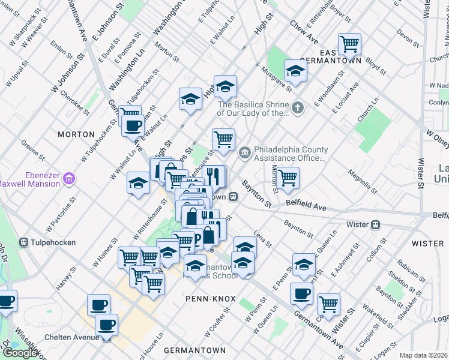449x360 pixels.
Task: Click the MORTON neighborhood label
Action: pos(76,134)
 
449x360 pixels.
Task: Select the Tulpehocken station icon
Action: pos(23,242)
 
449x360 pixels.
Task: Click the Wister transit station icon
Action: pos(375,224)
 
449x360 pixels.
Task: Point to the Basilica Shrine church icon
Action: pos(298,108)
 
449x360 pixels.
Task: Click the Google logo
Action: pos(20,353)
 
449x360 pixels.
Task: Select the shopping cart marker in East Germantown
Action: pos(349,44)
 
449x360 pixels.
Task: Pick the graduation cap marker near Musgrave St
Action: pos(295,71)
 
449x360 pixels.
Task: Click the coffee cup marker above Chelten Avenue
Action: pos(107,325)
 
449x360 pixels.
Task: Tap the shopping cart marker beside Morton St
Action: pos(288,177)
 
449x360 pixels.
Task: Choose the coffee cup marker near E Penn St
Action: pos(301,293)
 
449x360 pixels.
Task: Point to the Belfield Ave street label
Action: pos(306,207)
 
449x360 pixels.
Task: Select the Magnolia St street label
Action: pos(363,182)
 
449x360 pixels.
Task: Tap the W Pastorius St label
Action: pos(61,206)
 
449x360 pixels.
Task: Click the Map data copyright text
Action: pos(424,355)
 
